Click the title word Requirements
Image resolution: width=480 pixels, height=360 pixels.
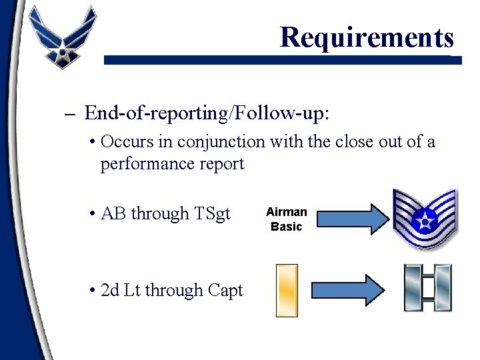(x=367, y=37)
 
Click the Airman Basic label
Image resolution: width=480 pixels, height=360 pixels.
(x=286, y=219)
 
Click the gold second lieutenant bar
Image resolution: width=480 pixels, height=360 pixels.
(x=287, y=290)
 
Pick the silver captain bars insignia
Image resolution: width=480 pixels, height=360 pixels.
(x=427, y=287)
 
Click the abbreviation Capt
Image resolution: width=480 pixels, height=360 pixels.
(x=225, y=291)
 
